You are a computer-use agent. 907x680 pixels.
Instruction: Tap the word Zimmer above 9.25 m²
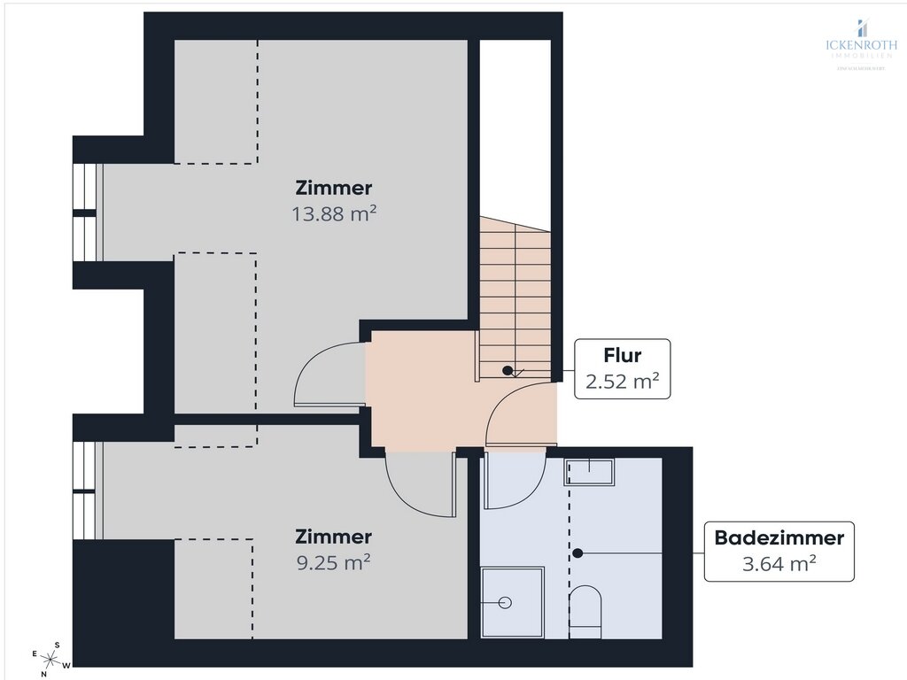click(x=333, y=537)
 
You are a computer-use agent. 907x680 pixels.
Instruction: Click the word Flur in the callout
click(x=622, y=356)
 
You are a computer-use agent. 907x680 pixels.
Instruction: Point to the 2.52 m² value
click(x=622, y=382)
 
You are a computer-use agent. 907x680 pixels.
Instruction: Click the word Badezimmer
click(x=779, y=537)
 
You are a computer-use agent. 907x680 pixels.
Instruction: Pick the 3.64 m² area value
click(x=779, y=563)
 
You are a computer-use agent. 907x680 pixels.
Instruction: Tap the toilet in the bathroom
click(x=585, y=609)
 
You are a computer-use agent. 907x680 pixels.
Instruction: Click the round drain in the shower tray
click(x=505, y=602)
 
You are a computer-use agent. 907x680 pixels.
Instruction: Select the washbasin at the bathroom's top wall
click(x=589, y=471)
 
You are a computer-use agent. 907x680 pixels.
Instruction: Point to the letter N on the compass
click(x=43, y=674)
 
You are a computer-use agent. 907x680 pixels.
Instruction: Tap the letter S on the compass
click(x=58, y=645)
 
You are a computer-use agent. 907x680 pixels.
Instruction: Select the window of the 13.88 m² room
click(x=85, y=212)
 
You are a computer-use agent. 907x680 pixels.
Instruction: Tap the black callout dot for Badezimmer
click(x=578, y=553)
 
